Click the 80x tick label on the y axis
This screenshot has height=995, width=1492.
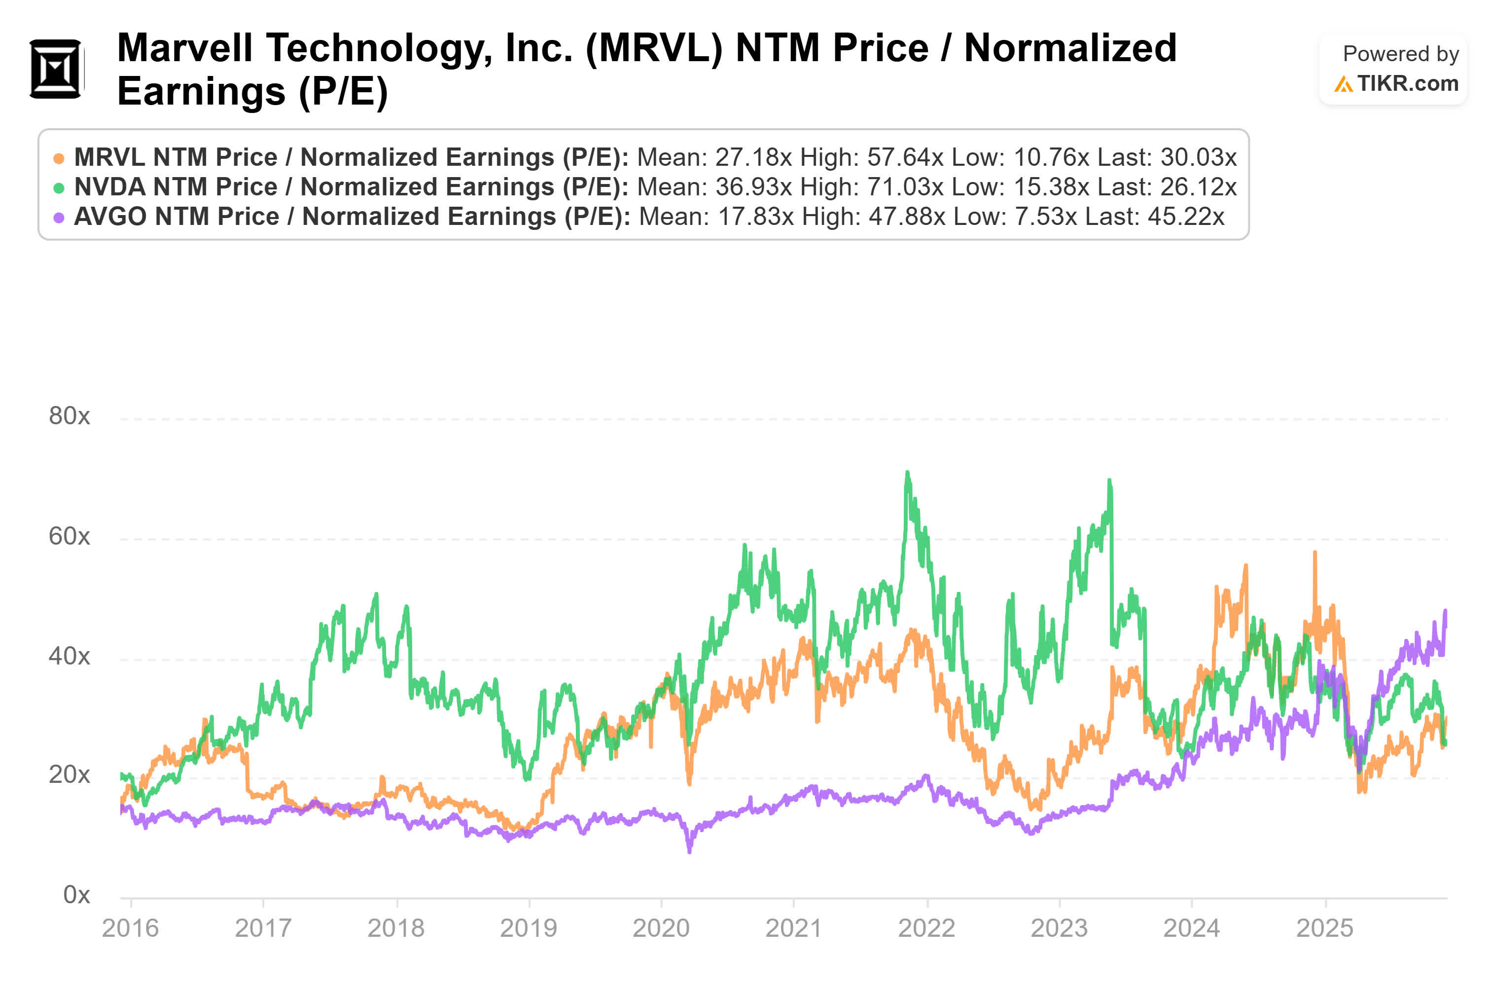pos(69,416)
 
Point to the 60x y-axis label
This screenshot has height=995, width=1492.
pos(69,537)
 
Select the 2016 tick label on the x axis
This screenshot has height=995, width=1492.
pos(130,928)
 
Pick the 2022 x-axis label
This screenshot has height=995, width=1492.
pos(926,928)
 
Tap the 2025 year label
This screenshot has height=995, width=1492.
pos(1324,928)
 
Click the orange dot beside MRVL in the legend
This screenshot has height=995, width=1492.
pos(58,158)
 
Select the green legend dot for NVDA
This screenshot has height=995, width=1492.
pos(58,188)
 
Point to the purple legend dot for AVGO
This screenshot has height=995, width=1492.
pos(58,218)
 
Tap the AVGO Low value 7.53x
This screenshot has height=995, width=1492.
pos(1045,217)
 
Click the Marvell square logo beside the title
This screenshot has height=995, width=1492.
pos(56,69)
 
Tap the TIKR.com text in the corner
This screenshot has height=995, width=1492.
pos(1407,83)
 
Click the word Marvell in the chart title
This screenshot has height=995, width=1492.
pos(184,48)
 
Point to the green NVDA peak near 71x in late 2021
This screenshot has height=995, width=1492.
pos(907,473)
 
